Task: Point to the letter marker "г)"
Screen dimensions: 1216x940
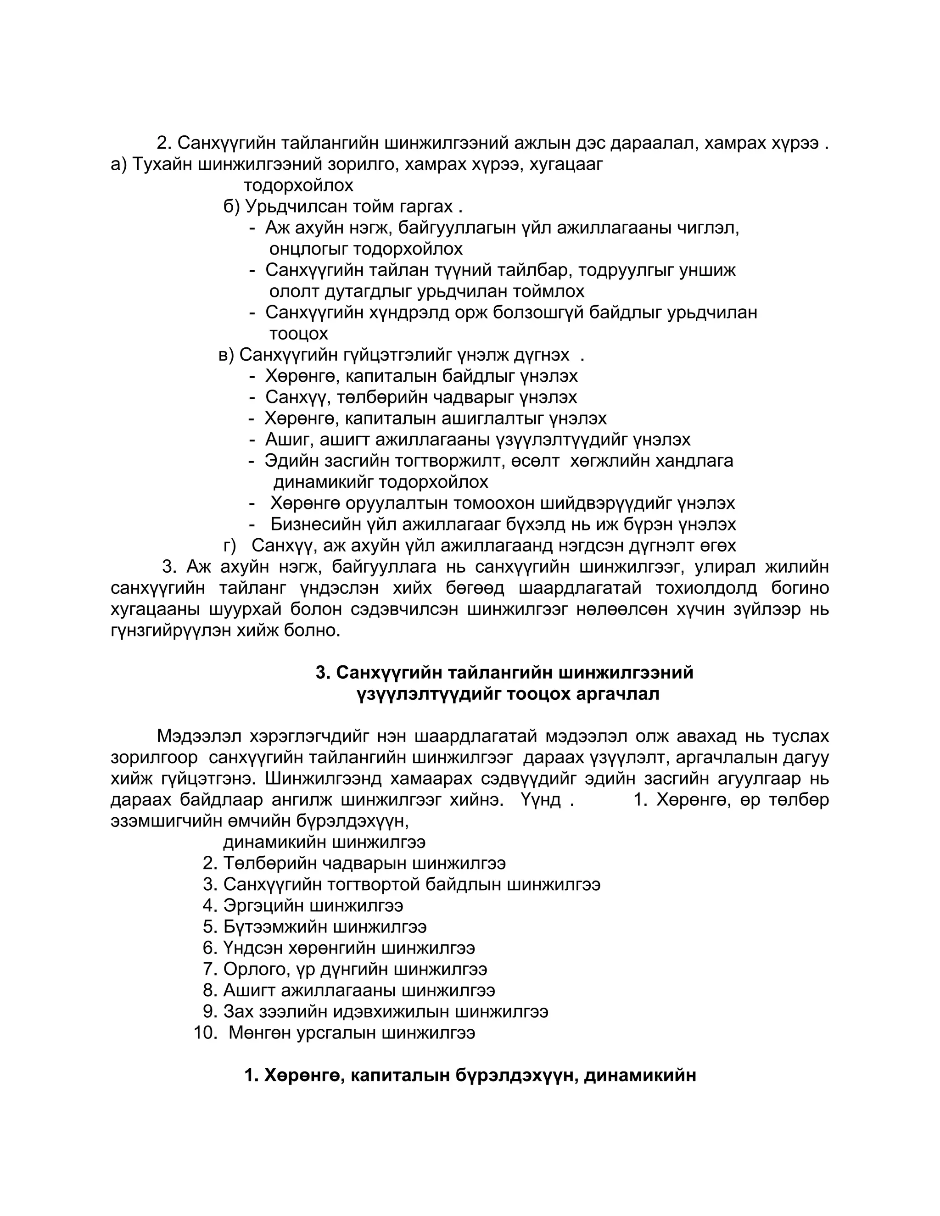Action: (230, 545)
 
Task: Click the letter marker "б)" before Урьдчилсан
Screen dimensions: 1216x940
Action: (231, 206)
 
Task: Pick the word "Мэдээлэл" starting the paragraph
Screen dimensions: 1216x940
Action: (199, 736)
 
